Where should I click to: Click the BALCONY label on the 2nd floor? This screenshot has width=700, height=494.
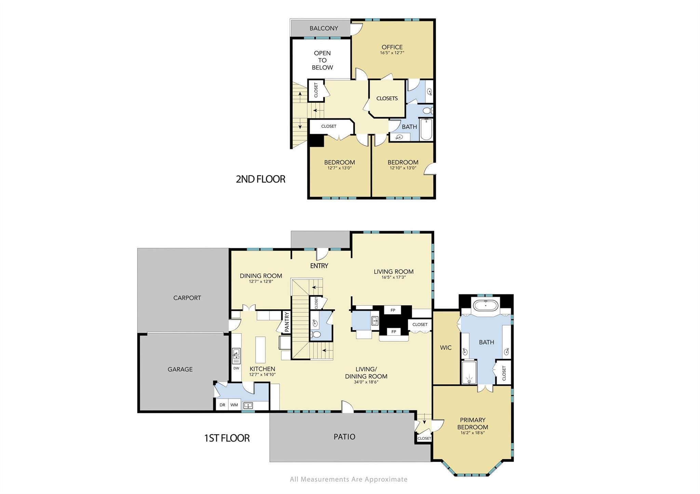(323, 28)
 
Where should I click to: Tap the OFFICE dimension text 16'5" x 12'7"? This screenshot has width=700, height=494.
(392, 53)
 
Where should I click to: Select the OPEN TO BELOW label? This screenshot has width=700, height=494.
(322, 60)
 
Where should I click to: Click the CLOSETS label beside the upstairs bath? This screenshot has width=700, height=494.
(387, 98)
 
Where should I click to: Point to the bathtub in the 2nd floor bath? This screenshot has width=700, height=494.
(426, 129)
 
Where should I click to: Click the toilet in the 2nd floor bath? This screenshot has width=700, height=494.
(427, 110)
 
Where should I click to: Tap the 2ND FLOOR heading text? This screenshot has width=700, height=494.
(260, 179)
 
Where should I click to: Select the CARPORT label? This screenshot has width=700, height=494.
(187, 298)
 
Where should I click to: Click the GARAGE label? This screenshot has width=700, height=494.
(180, 369)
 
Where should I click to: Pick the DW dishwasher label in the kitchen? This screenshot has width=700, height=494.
(236, 368)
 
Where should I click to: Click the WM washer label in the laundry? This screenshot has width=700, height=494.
(234, 405)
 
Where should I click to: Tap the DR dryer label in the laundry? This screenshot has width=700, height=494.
(222, 405)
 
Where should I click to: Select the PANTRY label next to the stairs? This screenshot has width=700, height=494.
(287, 321)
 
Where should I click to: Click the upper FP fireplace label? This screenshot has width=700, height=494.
(393, 310)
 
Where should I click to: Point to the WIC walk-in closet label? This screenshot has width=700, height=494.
(446, 348)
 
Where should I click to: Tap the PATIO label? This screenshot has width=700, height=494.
(344, 437)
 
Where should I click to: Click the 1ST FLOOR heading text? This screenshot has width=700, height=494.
(227, 438)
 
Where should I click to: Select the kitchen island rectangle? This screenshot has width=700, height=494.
(260, 350)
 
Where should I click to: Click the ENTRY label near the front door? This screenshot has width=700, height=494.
(319, 265)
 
